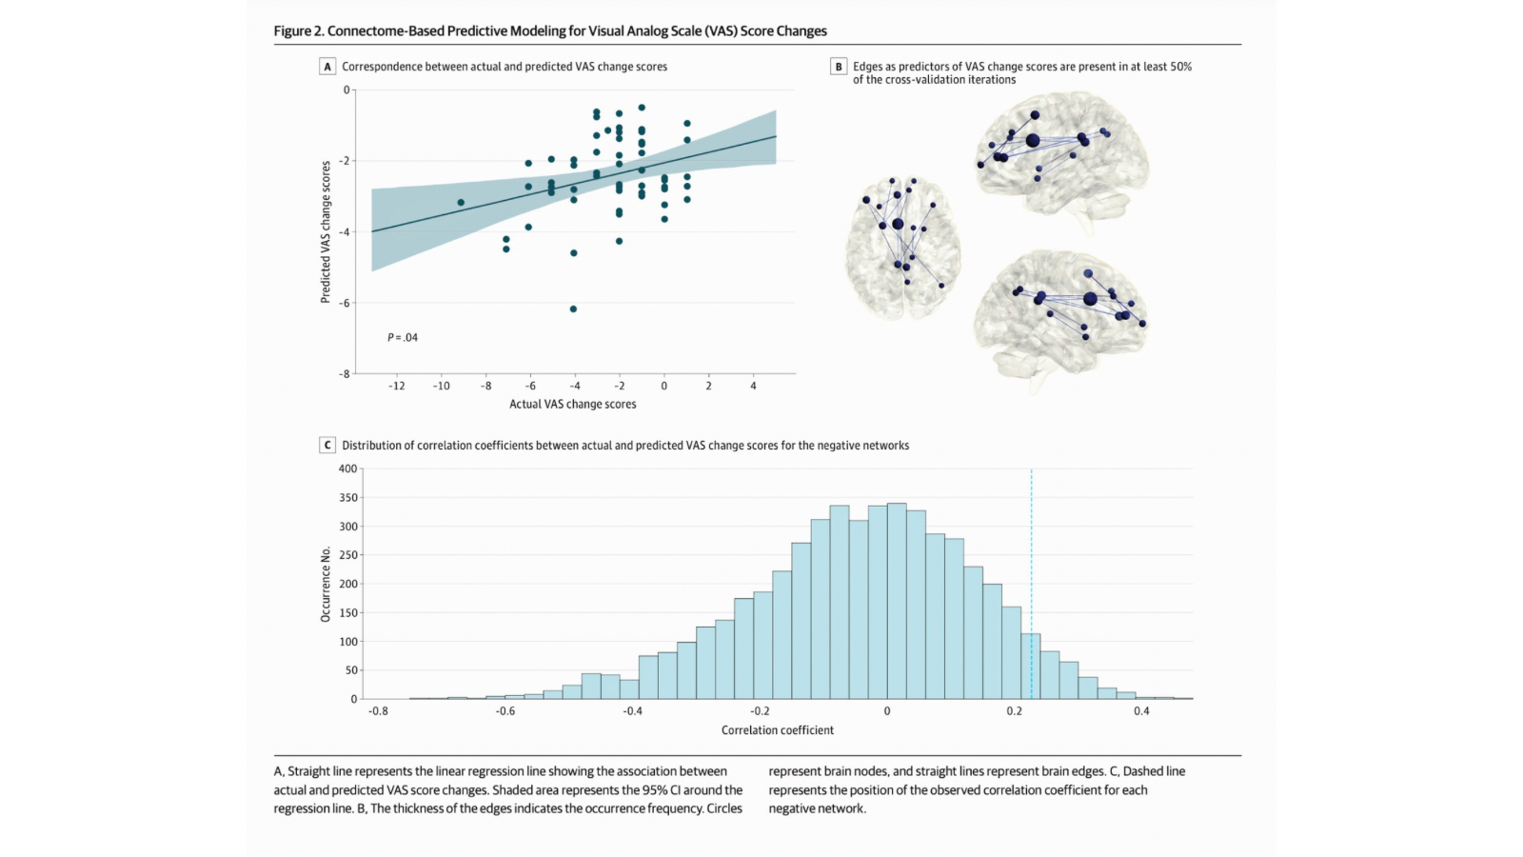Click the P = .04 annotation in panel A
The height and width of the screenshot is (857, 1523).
(403, 337)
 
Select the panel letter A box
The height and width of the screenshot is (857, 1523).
(327, 67)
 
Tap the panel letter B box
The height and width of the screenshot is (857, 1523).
(839, 67)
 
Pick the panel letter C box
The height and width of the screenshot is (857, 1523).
(327, 445)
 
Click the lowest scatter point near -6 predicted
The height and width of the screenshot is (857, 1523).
(573, 309)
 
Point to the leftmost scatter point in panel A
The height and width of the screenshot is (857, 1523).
(461, 203)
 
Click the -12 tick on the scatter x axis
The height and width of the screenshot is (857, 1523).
(396, 386)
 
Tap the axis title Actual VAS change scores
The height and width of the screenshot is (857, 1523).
(572, 404)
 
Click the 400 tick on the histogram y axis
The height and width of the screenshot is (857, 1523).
(347, 468)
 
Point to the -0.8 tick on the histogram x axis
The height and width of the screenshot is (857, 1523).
(378, 710)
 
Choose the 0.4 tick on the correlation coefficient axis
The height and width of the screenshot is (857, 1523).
(1141, 710)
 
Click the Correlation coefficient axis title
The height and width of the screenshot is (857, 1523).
(777, 730)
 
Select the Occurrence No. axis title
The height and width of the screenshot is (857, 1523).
(326, 584)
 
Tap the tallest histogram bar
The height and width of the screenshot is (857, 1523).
(897, 600)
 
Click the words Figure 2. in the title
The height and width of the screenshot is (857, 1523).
(298, 30)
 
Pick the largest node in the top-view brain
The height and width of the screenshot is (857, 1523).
(898, 224)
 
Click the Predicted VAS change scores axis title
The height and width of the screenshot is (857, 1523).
(326, 231)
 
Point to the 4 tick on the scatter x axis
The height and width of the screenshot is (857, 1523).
(753, 386)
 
